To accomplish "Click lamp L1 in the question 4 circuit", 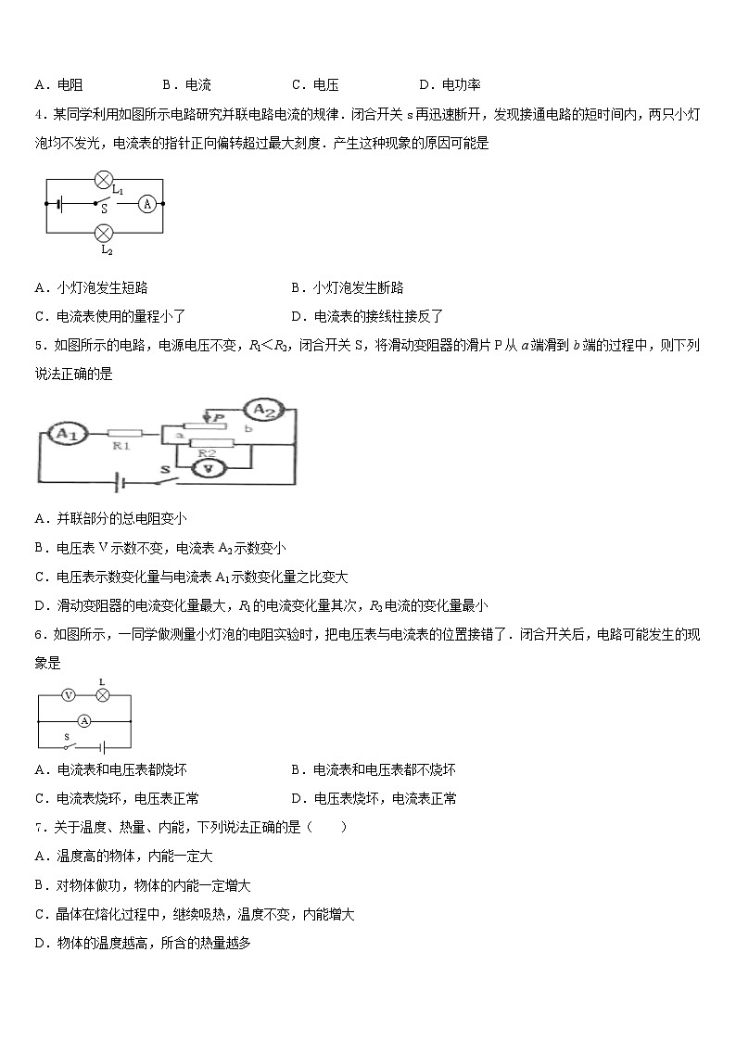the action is [105, 180].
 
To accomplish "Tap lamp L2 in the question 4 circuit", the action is [105, 232].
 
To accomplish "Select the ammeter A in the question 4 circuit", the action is [146, 206].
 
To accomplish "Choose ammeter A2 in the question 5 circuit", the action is [262, 410].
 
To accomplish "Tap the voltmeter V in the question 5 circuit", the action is [210, 470].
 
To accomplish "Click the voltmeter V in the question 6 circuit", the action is [67, 694].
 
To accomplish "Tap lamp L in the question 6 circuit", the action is [104, 694].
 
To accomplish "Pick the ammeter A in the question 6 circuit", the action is [83, 720].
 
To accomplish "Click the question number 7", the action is [38, 826].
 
